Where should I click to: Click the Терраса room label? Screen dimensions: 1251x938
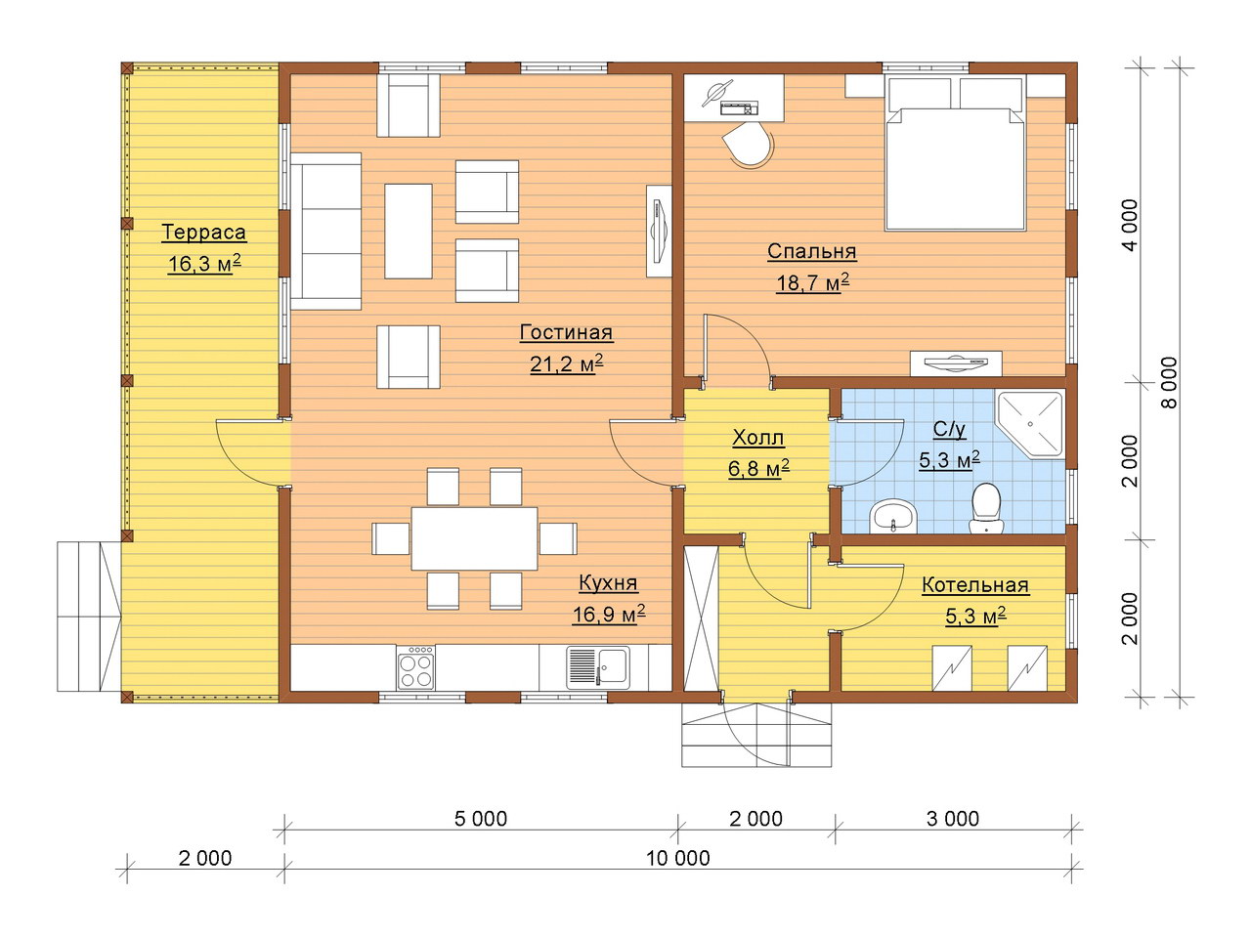[203, 232]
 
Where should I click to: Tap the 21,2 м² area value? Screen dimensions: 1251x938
[567, 363]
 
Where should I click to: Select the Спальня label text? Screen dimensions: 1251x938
[811, 251]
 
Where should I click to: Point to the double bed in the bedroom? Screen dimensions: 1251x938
[955, 153]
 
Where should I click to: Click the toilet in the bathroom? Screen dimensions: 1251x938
[986, 508]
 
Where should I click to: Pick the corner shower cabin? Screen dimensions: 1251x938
[1030, 423]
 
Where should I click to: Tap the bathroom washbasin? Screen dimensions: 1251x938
[892, 516]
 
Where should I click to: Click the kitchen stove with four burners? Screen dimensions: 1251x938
[415, 667]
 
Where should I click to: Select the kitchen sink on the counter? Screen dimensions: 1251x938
[598, 667]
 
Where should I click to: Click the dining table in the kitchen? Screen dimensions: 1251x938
[474, 538]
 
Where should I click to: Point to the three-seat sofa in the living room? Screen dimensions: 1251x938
[326, 232]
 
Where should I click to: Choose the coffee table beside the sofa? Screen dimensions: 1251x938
[409, 232]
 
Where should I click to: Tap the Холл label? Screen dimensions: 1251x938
[757, 438]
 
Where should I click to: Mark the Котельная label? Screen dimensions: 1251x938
[975, 585]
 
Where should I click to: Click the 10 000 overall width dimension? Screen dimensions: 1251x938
[677, 858]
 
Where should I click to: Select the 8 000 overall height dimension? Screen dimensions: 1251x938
[1168, 383]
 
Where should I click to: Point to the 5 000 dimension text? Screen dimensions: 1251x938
[481, 819]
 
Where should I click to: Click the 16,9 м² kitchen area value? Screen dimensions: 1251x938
[609, 615]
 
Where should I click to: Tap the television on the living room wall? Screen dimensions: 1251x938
[659, 232]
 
